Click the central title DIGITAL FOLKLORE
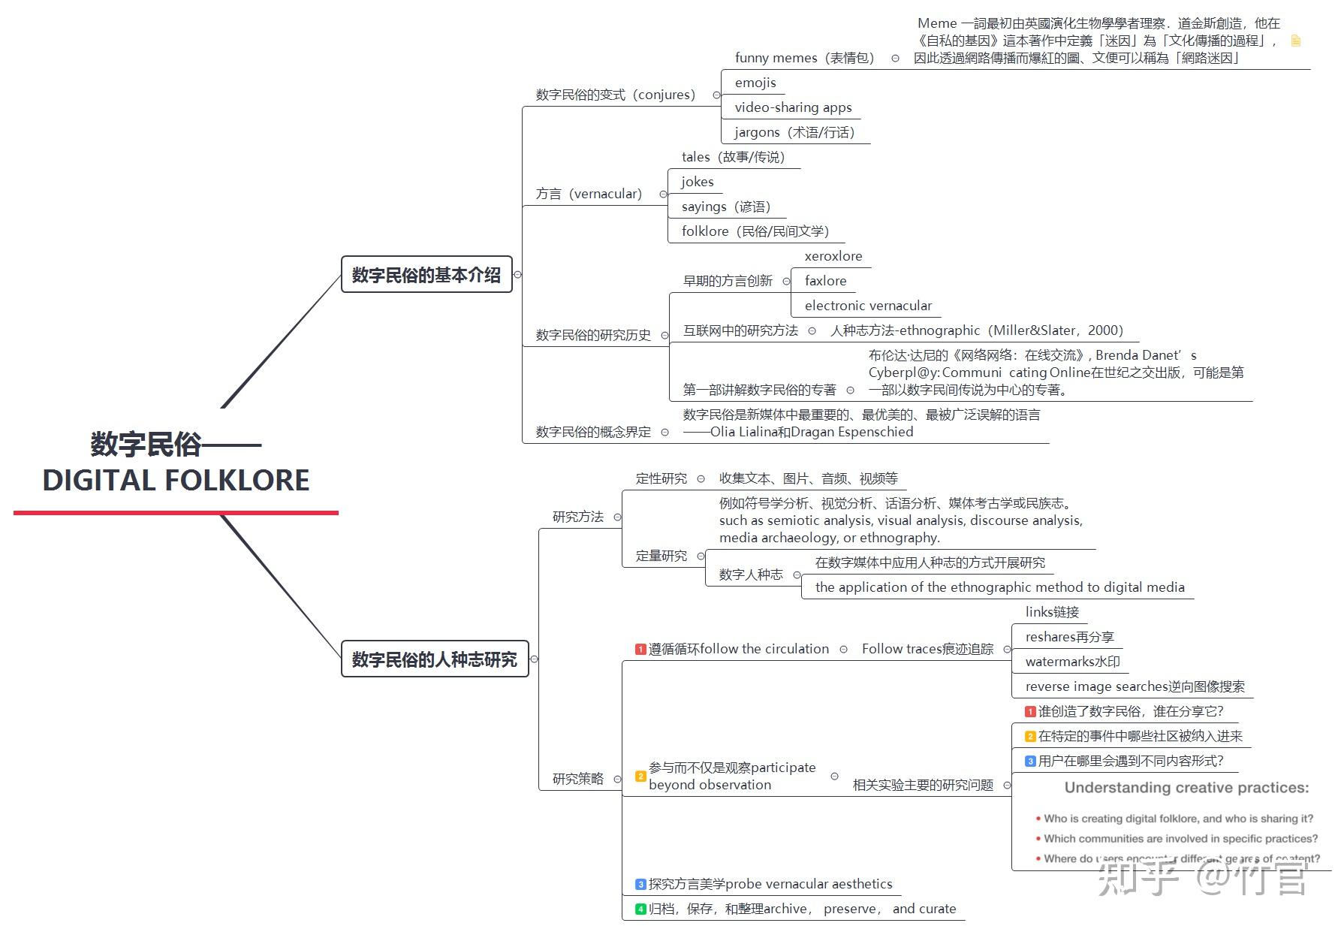point(176,480)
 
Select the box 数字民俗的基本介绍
point(426,275)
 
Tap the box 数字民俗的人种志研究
point(435,659)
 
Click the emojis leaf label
point(755,83)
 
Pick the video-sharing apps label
point(793,107)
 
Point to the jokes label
point(698,182)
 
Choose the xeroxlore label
point(833,256)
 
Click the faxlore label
point(825,281)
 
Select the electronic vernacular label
point(868,306)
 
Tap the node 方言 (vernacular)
point(589,194)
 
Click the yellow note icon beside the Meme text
point(1295,41)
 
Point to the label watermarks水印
point(1072,662)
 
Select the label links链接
point(1052,612)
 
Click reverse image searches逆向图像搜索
point(1135,686)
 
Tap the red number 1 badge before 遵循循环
point(640,649)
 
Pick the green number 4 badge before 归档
point(640,909)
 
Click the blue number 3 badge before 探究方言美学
point(640,884)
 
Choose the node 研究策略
point(577,779)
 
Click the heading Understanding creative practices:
point(1186,788)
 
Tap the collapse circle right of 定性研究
point(701,478)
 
